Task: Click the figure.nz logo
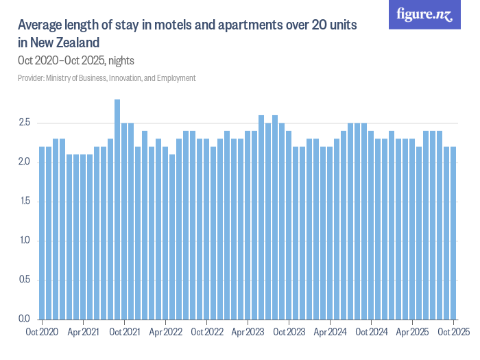[x=425, y=14]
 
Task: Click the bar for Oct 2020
[x=42, y=233]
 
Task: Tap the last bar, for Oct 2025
[x=453, y=233]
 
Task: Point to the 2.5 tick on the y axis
[x=25, y=123]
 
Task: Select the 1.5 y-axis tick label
[x=25, y=202]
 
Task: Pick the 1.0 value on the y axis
[x=25, y=241]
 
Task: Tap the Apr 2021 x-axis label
[x=83, y=332]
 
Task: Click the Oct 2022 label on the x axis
[x=206, y=332]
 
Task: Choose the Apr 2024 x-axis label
[x=330, y=332]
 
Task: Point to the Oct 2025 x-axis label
[x=453, y=332]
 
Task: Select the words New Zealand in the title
[x=66, y=43]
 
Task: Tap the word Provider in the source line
[x=31, y=78]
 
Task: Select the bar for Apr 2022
[x=165, y=233]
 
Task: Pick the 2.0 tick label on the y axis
[x=25, y=163]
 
